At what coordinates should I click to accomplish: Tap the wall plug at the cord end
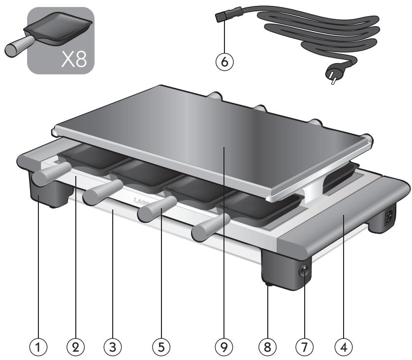click(x=334, y=78)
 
